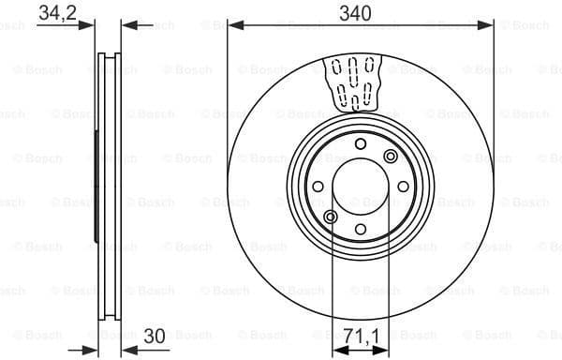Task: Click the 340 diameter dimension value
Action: pyautogui.click(x=361, y=12)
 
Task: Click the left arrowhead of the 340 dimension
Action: pyautogui.click(x=234, y=25)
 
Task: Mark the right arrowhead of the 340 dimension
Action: pyautogui.click(x=487, y=25)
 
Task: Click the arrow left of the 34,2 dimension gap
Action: pyautogui.click(x=90, y=25)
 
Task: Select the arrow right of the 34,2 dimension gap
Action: pyautogui.click(x=126, y=25)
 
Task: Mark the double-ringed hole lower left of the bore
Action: pyautogui.click(x=329, y=217)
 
